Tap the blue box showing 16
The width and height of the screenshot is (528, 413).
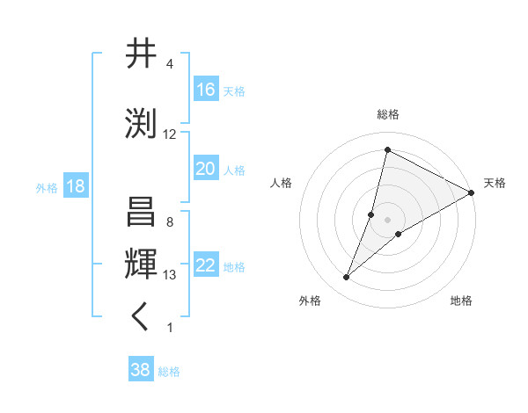pos(206,90)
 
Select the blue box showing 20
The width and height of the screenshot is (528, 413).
pos(206,169)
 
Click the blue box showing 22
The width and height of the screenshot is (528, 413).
pos(206,265)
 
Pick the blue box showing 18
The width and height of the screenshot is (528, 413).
pos(75,186)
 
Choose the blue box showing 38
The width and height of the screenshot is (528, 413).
pos(140,370)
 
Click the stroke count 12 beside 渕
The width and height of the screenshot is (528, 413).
pos(170,134)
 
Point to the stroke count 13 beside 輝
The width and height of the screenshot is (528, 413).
pos(170,275)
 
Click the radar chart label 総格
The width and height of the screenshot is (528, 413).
pos(387,114)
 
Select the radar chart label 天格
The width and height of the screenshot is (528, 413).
pos(495,183)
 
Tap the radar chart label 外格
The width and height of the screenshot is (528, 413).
pos(310,301)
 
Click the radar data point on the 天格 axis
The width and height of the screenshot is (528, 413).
pos(472,192)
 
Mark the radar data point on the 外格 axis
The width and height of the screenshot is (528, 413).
pos(347,278)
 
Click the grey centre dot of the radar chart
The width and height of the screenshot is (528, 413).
pos(387,220)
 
